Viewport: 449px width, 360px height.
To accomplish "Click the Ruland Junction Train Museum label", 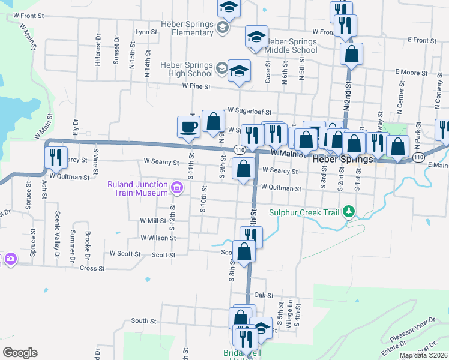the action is (x=137, y=188).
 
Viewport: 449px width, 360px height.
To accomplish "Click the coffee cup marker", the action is (x=189, y=127).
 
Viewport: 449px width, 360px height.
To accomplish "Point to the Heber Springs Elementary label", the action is (x=187, y=28).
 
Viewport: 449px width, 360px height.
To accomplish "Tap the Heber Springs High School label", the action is (x=187, y=69).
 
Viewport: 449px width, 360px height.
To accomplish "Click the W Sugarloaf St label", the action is (x=250, y=112).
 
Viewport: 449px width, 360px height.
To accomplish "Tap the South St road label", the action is (x=143, y=321).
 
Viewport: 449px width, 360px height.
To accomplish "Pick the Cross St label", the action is (x=93, y=268).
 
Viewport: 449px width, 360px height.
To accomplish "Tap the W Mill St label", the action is (x=152, y=221).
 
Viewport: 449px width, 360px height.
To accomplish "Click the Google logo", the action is (x=20, y=352).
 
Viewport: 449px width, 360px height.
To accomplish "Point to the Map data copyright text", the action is (x=423, y=355).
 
